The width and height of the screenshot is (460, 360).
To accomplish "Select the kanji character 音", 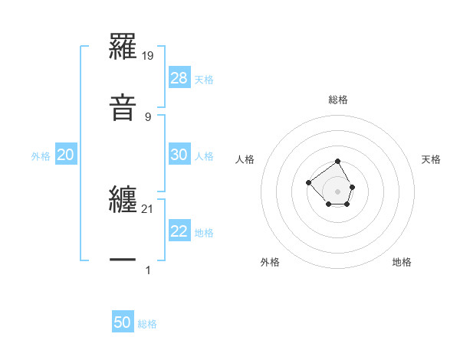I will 123,108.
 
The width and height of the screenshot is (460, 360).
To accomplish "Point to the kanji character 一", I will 123,260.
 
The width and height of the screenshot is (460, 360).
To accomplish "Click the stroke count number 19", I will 148,55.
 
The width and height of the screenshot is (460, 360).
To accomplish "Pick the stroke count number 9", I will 148,116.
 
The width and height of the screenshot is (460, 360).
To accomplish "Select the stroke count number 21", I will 148,208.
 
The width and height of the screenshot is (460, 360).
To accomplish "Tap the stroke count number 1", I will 148,270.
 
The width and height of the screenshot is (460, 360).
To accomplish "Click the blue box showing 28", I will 179,78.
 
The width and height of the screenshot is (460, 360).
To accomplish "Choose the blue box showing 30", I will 179,155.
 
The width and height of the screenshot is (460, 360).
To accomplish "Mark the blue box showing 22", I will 179,231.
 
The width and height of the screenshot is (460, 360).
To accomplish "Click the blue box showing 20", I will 66,155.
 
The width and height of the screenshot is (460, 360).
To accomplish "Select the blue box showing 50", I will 123,323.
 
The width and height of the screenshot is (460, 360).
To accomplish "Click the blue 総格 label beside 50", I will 148,325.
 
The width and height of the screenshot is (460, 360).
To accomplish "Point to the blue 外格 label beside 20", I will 41,156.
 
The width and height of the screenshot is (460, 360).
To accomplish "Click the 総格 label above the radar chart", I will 338,100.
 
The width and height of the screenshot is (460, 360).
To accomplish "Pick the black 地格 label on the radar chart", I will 402,262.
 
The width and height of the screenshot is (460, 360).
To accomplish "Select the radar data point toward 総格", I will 338,162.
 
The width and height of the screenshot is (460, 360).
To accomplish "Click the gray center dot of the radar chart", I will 338,191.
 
